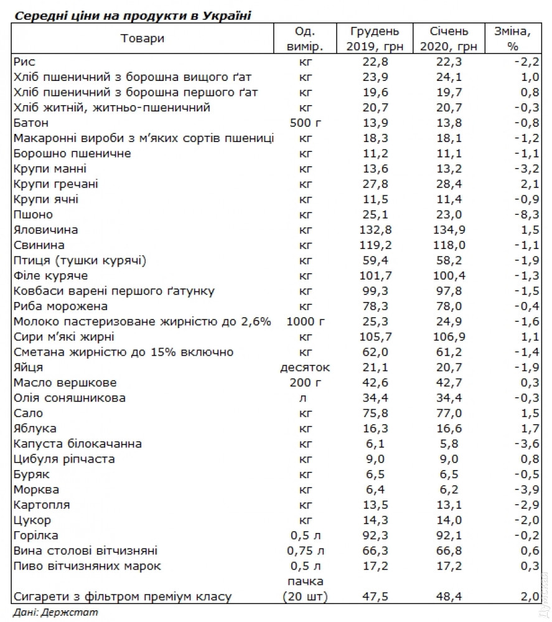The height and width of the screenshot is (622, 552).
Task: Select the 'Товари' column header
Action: point(143,39)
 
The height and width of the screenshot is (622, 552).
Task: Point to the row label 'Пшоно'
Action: point(30,215)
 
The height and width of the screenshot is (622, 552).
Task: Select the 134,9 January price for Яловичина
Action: point(449,230)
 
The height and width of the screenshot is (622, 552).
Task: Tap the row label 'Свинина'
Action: point(38,245)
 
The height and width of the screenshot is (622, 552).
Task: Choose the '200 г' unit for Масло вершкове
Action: point(305,383)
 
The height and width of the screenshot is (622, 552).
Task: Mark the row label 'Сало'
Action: point(28,413)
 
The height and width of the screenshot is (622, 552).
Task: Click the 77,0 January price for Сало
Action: point(449,413)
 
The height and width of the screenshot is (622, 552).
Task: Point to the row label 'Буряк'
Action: point(30,474)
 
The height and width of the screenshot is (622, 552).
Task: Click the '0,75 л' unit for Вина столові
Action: point(305,551)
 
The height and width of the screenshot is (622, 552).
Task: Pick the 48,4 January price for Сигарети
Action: point(449,596)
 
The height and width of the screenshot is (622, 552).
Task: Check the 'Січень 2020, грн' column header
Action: point(449,39)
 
